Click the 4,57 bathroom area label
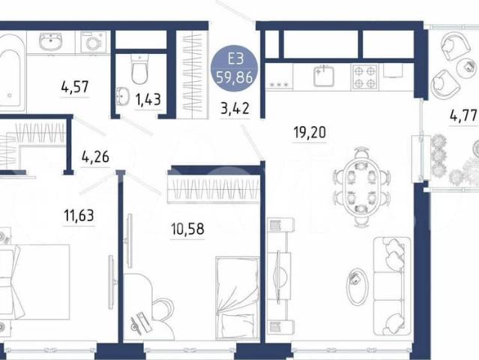tap(75, 87)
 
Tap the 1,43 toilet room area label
tap(148, 100)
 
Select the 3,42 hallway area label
tap(235, 109)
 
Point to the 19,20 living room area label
tap(310, 132)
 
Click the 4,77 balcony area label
tap(463, 115)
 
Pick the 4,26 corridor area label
tap(95, 157)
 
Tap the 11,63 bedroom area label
tap(79, 215)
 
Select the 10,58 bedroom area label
tap(187, 229)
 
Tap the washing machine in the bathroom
tap(93, 42)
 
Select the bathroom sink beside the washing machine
tap(51, 42)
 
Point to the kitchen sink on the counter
tap(324, 76)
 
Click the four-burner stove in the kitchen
tap(365, 76)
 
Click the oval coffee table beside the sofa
tap(356, 286)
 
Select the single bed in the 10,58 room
tap(238, 298)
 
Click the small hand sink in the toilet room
tap(122, 96)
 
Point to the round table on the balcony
tap(468, 67)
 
